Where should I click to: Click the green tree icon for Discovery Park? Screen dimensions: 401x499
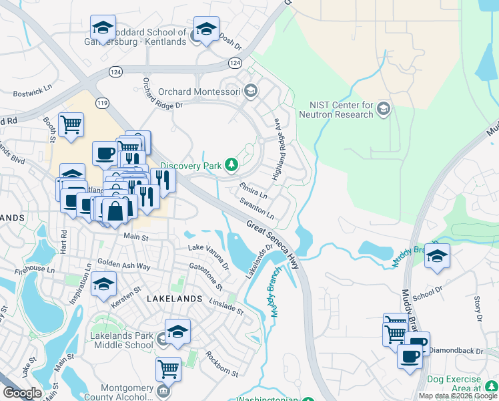[x=231, y=164]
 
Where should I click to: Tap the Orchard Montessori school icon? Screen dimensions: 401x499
[x=251, y=92]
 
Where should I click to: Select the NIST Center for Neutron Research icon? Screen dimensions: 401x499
[x=384, y=109]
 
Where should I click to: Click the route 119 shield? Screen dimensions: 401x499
[x=102, y=103]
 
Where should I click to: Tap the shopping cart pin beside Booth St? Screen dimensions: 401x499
[x=71, y=124]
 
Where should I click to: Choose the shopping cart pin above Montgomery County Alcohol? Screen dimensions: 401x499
[x=168, y=367]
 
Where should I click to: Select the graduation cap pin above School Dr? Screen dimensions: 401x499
[x=437, y=255]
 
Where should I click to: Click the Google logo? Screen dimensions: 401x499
[x=22, y=393]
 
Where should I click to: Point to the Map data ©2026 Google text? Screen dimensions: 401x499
[x=458, y=396]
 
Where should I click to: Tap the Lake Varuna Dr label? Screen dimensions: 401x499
[x=208, y=257]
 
